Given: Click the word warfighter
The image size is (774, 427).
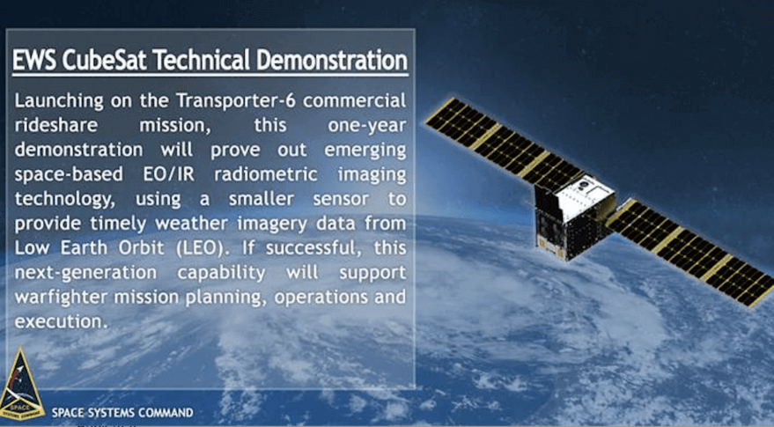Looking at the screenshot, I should pos(62,297).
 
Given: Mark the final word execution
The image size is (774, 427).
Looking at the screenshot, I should pos(60,321).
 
